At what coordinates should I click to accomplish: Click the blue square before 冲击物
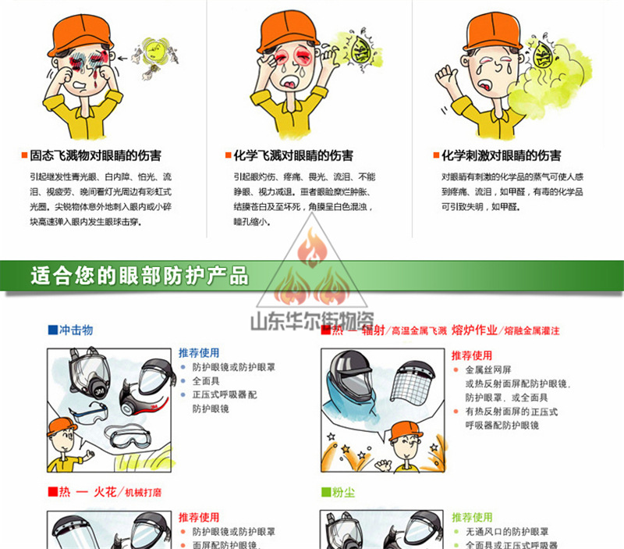(52, 330)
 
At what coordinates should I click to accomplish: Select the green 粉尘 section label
(337, 492)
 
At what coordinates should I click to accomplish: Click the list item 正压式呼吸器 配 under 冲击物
(225, 394)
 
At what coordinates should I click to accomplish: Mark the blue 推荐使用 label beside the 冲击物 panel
(199, 352)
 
